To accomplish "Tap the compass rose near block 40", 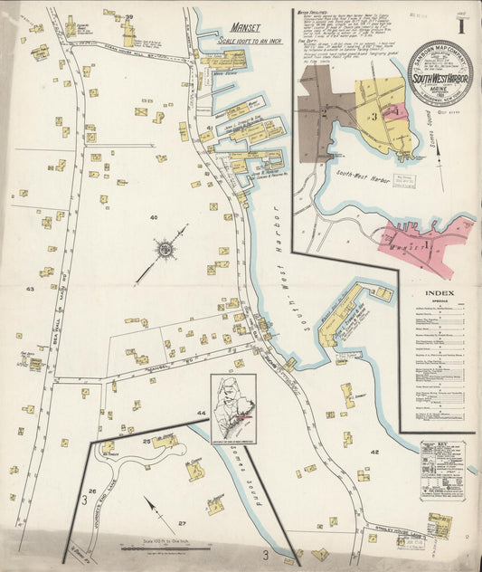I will (165, 247).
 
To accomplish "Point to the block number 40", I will (154, 217).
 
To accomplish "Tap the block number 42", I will (374, 451).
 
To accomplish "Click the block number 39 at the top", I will (129, 17).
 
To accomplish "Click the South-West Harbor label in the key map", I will (363, 180).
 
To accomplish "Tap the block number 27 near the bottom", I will (181, 523).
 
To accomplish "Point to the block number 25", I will (146, 441).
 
